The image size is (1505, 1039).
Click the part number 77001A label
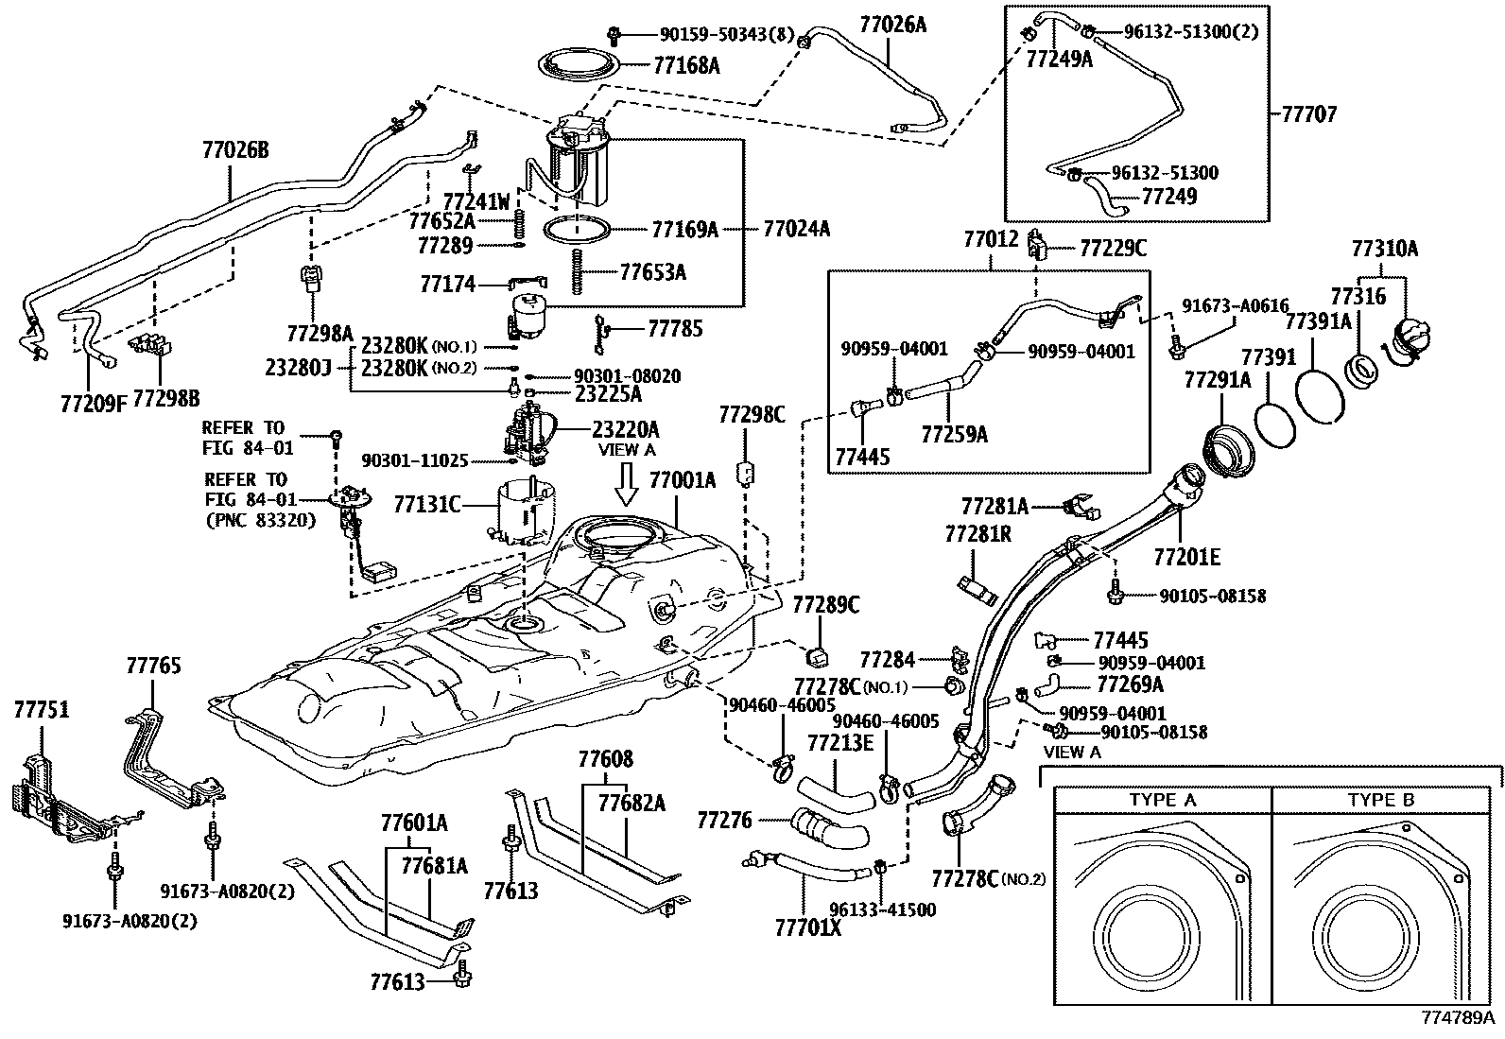pos(682,479)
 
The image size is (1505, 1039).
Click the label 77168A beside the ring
pos(686,65)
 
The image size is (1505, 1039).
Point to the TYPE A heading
pos(1162,800)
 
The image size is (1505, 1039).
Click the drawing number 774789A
pos(1457,1018)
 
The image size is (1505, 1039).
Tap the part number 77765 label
pos(153,666)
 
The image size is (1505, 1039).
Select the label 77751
pos(41,710)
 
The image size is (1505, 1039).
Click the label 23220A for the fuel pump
pos(626,428)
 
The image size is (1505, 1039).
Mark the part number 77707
pos(1309,114)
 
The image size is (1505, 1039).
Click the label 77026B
pos(235,148)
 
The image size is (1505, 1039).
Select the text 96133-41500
pos(883,909)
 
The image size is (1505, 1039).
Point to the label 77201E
pos(1186,557)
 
